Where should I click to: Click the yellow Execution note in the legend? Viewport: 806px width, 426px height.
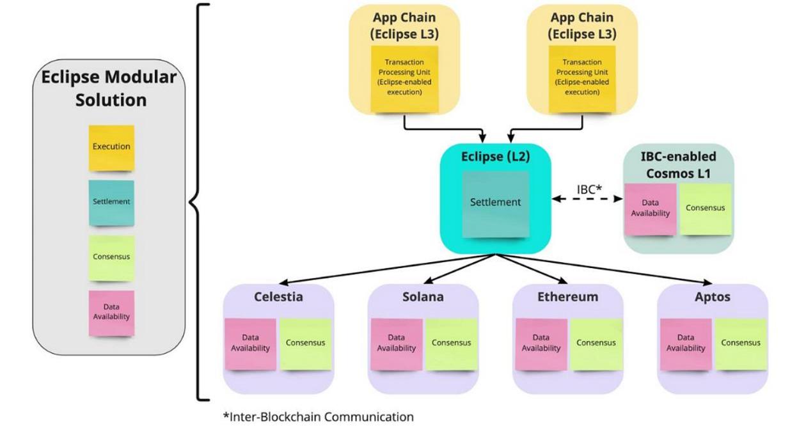[x=111, y=147]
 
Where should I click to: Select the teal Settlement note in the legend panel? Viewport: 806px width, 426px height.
[x=111, y=202]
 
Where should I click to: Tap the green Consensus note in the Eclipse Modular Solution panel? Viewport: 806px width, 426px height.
[x=111, y=257]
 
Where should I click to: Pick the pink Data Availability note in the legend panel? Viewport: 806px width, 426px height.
[x=111, y=312]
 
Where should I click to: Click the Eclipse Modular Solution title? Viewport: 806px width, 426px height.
[x=109, y=89]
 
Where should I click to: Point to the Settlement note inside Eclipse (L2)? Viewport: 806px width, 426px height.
[x=496, y=203]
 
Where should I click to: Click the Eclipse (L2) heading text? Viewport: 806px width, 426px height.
[x=496, y=156]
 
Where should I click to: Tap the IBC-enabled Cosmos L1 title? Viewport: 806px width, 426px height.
[x=678, y=164]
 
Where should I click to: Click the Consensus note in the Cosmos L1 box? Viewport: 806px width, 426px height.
[x=705, y=209]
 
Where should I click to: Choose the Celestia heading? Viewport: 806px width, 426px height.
[x=278, y=297]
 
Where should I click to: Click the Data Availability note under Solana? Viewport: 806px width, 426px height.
[x=397, y=343]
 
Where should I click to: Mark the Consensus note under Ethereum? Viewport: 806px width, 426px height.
[x=596, y=343]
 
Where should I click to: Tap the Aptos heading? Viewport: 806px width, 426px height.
[x=712, y=297]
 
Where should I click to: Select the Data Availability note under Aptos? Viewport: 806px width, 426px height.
[x=686, y=343]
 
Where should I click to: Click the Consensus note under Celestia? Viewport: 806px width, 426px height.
[x=305, y=343]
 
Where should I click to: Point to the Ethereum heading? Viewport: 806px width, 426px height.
[x=568, y=297]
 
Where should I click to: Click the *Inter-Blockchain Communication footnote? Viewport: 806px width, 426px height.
[x=318, y=417]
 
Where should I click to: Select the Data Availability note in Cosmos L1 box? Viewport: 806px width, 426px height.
[x=650, y=209]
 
